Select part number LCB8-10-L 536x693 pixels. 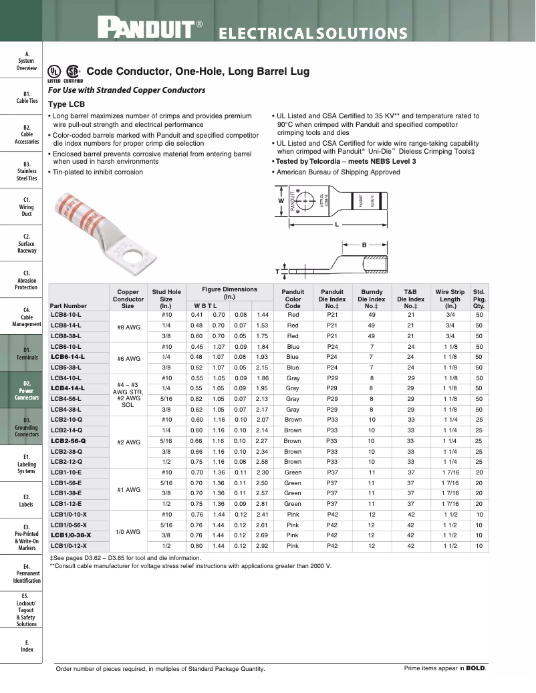coord(65,314)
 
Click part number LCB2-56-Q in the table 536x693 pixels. coord(67,441)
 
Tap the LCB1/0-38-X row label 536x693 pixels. coord(70,535)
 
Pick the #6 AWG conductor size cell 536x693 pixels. coord(128,358)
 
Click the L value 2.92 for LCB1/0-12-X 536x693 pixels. coord(263,546)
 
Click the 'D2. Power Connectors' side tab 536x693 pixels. coord(27,391)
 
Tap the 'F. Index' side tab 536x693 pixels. coord(27,646)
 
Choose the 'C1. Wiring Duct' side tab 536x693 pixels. coord(27,206)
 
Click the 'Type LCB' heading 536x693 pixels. coord(66,104)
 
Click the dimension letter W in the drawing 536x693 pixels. coord(281,201)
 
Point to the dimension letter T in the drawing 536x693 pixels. coord(277,271)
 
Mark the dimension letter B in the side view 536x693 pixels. coord(364,245)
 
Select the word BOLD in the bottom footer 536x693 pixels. coord(475,668)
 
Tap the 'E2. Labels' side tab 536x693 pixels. coord(27,501)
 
